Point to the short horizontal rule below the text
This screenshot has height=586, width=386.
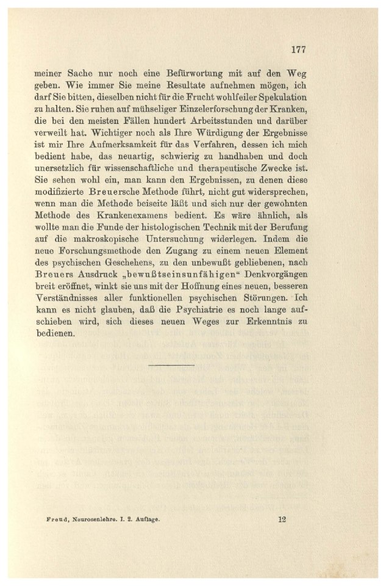point(171,366)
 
